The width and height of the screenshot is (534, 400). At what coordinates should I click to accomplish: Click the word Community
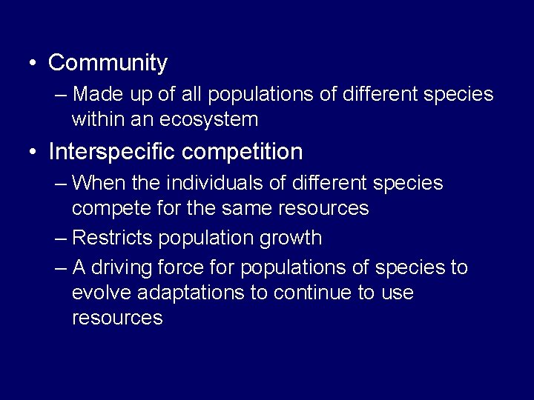tap(108, 64)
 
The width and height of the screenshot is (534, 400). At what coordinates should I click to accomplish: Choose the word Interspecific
tap(111, 152)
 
